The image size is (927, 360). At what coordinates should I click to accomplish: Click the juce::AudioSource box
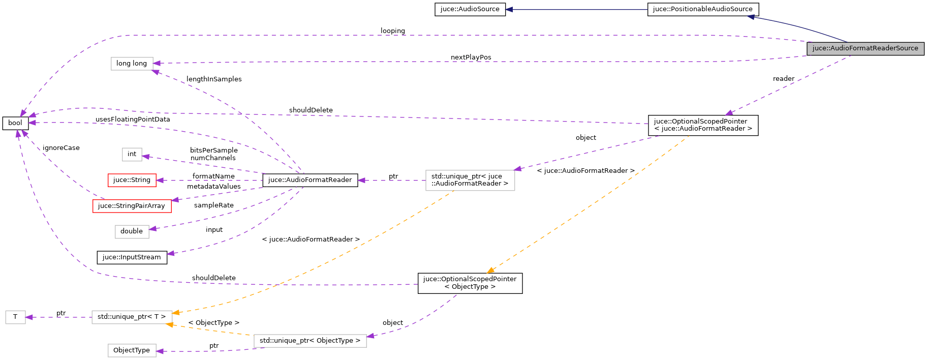coord(470,9)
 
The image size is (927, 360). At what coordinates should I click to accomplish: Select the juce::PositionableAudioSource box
coord(702,9)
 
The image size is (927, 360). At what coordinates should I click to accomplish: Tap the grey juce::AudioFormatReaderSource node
coord(865,48)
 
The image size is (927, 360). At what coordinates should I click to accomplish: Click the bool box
coord(15,123)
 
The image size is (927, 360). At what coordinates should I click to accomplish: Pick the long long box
coord(132,64)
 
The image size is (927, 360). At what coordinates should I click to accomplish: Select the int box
coord(132,154)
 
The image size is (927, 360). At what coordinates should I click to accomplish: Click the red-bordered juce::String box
coord(132,180)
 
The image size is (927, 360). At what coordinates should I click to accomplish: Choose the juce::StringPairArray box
coord(132,206)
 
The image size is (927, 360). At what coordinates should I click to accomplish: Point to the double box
coord(132,231)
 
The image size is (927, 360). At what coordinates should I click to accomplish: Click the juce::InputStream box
coord(132,257)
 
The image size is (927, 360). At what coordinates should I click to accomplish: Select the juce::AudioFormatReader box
coord(310,180)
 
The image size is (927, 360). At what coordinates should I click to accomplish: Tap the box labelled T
coord(15,317)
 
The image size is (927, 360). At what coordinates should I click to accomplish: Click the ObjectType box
coord(132,350)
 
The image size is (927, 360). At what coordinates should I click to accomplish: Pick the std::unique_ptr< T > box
coord(132,317)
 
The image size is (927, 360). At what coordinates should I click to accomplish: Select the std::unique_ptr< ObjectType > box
coord(310,341)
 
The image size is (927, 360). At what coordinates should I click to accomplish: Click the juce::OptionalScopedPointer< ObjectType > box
coord(470,283)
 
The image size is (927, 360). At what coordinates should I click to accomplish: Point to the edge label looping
coord(392,31)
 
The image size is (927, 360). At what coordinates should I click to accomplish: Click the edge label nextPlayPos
coord(471,57)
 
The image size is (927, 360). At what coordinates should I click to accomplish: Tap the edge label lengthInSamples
coord(214,79)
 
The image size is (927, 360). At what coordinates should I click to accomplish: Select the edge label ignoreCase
coord(61,148)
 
